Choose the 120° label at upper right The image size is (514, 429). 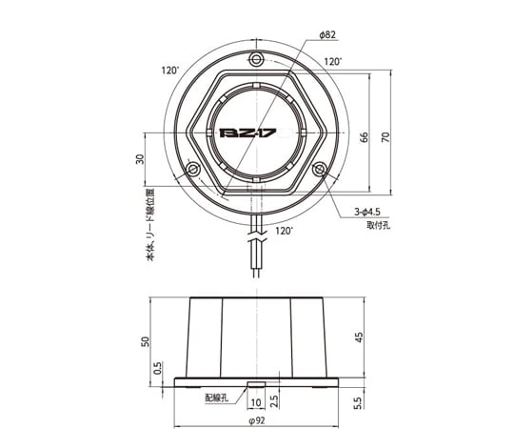click(331, 61)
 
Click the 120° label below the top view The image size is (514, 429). click(284, 231)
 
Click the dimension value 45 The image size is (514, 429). click(361, 337)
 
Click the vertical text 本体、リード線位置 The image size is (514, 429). click(148, 226)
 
